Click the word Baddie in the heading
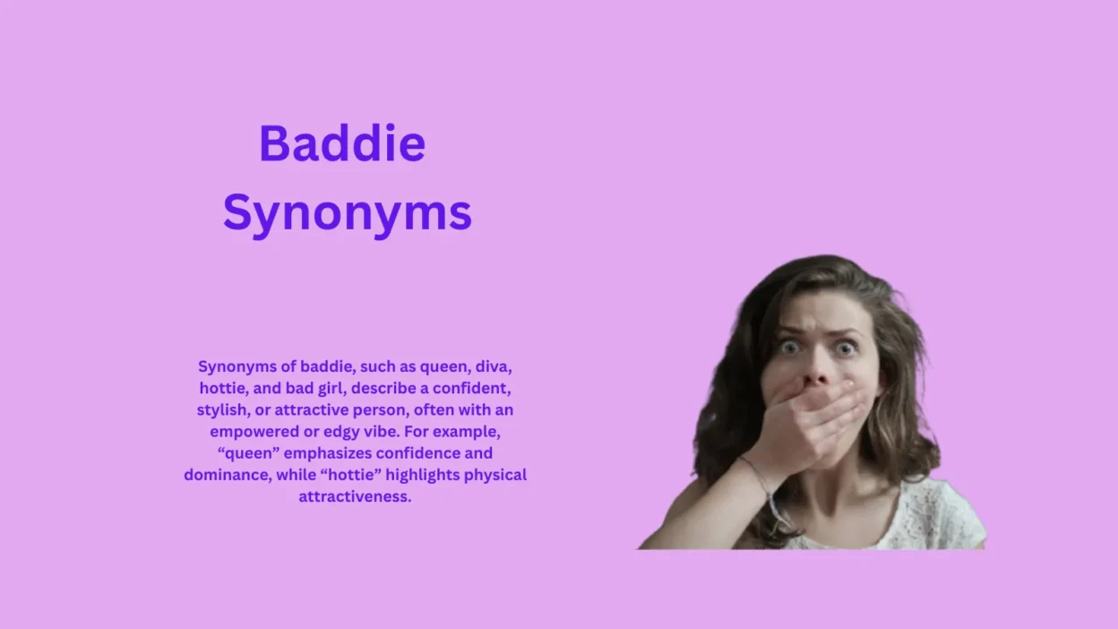342,144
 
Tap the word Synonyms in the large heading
348,214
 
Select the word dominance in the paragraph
226,474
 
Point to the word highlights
418,474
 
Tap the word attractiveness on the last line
355,495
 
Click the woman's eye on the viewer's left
788,347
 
